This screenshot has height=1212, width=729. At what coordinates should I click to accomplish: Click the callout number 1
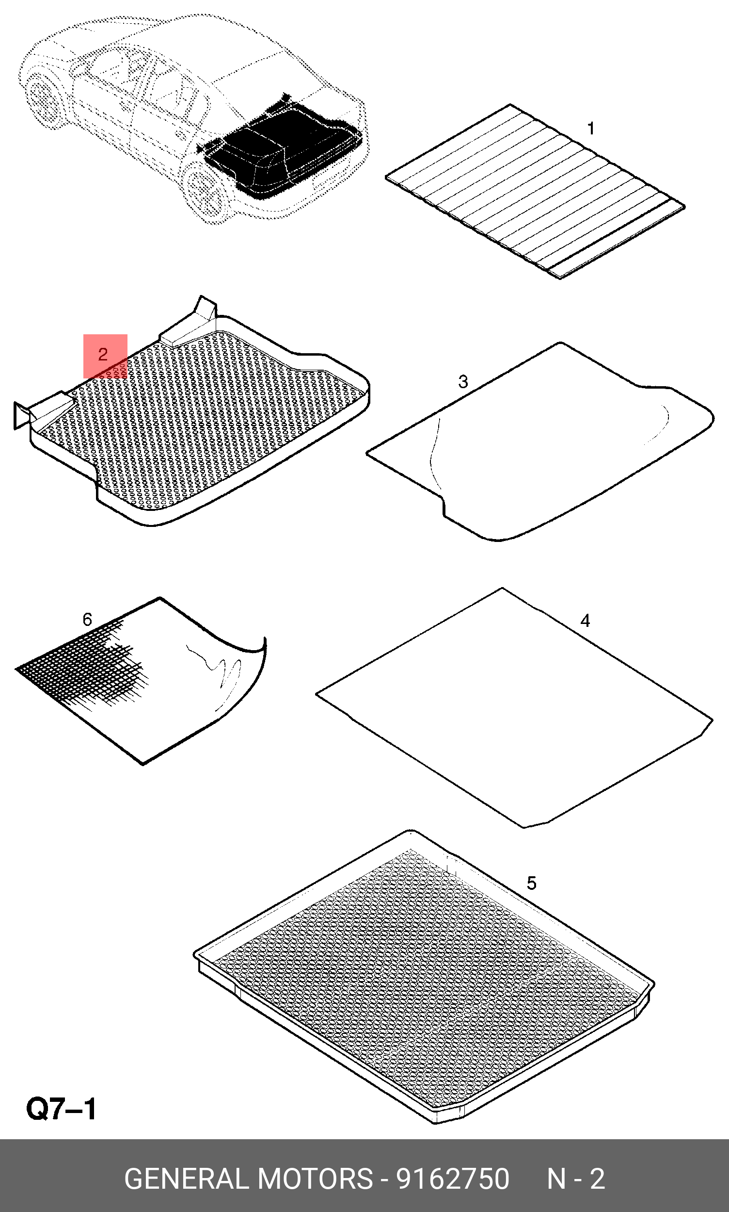pos(591,128)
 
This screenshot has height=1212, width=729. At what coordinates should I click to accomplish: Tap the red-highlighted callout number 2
pos(103,354)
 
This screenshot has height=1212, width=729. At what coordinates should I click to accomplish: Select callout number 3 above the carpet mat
pos(463,381)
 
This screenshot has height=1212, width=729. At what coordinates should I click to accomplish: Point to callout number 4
pos(585,621)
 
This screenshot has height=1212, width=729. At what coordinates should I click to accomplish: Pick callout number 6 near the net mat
pos(87,620)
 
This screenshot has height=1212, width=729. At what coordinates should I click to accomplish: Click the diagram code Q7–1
pos(62,1109)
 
